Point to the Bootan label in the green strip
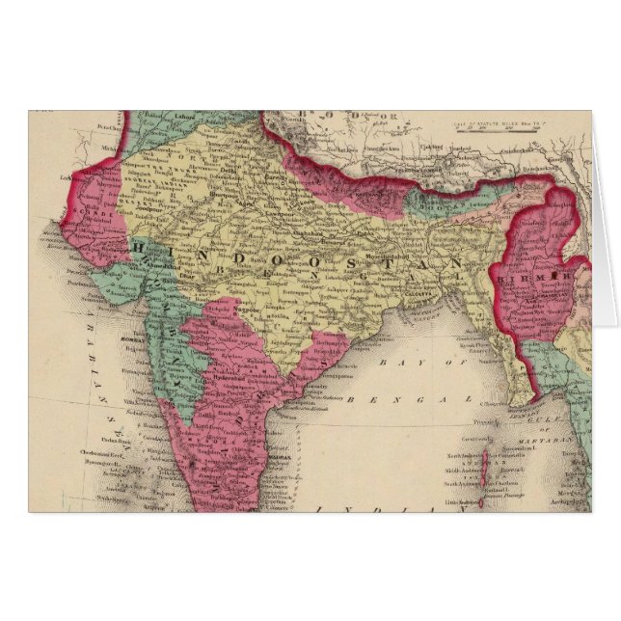coord(445,205)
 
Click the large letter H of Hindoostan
coord(138,248)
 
